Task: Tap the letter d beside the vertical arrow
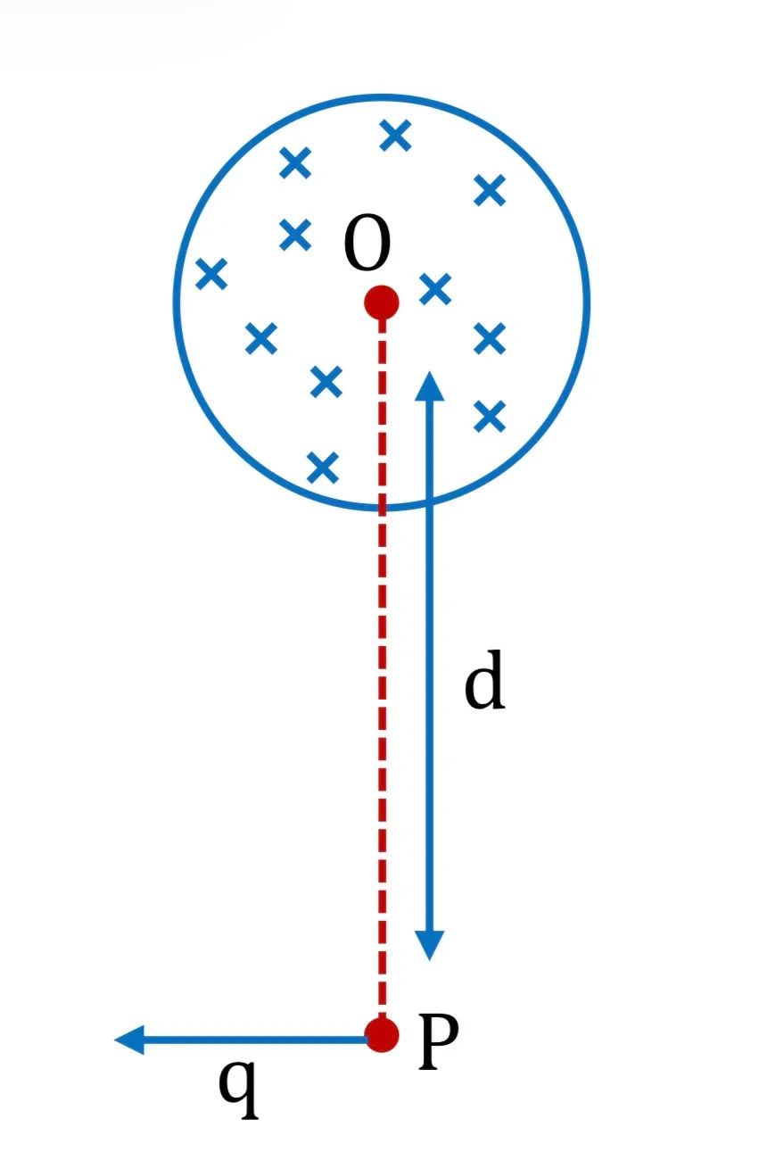(x=483, y=679)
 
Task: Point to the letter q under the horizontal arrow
(x=238, y=1089)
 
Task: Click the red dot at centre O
(x=382, y=303)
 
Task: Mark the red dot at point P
(x=382, y=1035)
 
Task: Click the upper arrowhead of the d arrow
(x=429, y=385)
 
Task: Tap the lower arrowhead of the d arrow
(x=429, y=945)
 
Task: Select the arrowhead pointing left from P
(x=129, y=1040)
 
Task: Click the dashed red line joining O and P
(x=382, y=668)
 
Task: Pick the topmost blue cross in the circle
(x=395, y=136)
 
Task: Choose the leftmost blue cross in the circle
(x=211, y=274)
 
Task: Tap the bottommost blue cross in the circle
(x=323, y=468)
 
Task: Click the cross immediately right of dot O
(x=435, y=289)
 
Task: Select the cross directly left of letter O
(x=295, y=235)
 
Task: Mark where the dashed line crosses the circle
(x=382, y=508)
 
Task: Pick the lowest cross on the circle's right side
(x=490, y=416)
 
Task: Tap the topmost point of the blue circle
(x=382, y=97)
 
